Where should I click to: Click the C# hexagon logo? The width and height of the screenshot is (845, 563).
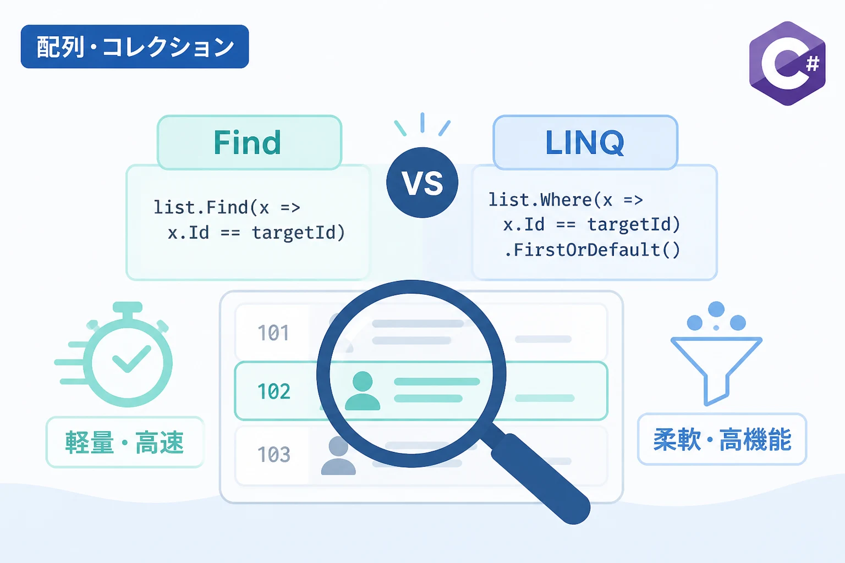(x=787, y=63)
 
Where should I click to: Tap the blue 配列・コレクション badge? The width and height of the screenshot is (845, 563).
(x=135, y=46)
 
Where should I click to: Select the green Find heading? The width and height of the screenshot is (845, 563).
(x=248, y=142)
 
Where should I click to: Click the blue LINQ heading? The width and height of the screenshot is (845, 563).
(x=585, y=142)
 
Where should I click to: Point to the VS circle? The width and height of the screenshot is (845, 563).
(x=422, y=183)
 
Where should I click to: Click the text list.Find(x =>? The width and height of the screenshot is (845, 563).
(x=227, y=207)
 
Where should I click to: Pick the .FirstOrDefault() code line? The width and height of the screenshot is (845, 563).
(x=592, y=250)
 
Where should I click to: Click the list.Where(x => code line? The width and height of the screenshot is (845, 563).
(x=566, y=200)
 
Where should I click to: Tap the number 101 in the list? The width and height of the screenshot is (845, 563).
(x=273, y=333)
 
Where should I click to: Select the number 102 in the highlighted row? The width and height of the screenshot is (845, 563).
(x=274, y=391)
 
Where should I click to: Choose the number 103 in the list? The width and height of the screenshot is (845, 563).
(x=274, y=454)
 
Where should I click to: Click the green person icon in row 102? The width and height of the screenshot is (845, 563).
(x=363, y=391)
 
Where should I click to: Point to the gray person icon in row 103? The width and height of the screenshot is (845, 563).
(x=338, y=456)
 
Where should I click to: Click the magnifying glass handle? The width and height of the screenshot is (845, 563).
(x=540, y=478)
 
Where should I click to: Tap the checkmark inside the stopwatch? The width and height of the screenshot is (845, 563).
(x=131, y=358)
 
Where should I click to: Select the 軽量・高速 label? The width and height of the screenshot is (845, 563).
(x=124, y=443)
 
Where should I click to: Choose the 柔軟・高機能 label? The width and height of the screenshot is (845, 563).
(x=722, y=439)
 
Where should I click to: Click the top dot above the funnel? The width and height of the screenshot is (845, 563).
(x=716, y=310)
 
